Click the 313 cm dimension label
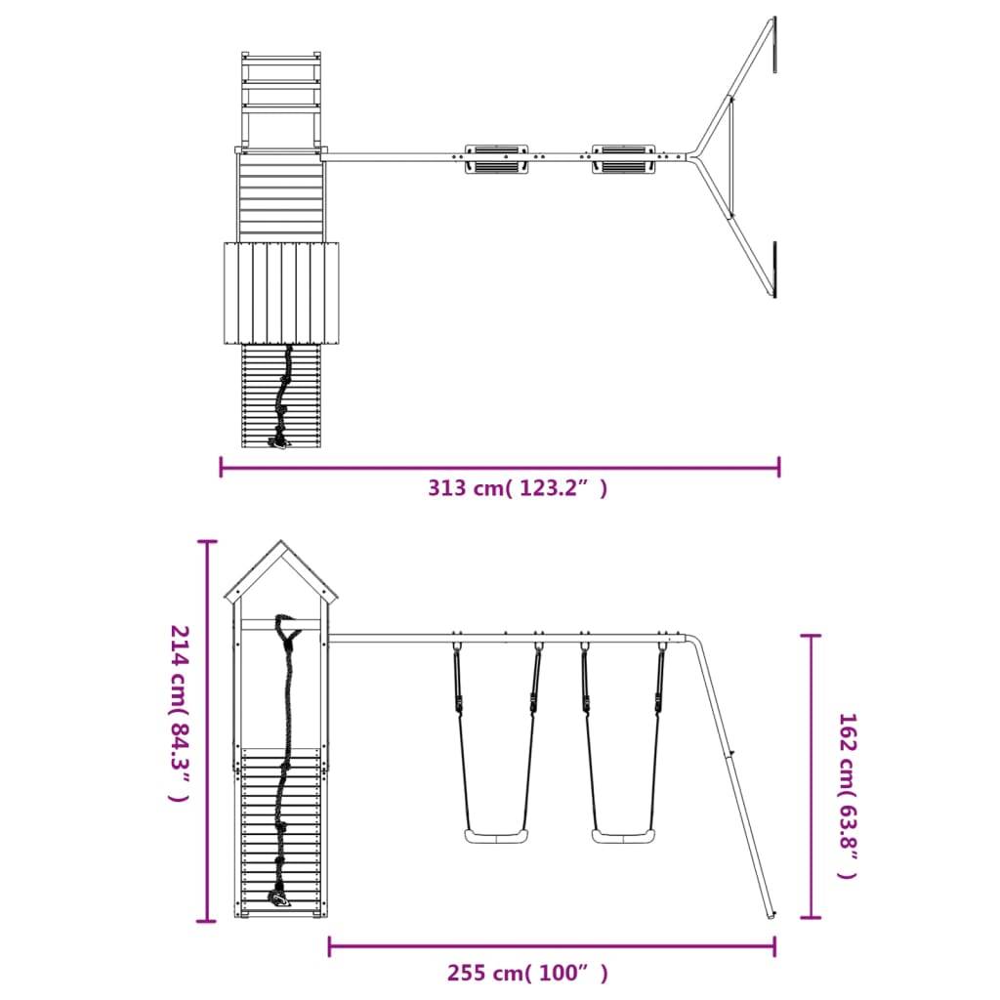coord(518,488)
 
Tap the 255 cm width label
coord(527,974)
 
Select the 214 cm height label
coord(180,713)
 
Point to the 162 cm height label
coord(848,796)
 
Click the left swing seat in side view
coord(496,836)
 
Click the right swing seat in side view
coord(623,836)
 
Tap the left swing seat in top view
coord(496,159)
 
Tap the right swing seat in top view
coord(623,159)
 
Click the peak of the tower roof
coord(280,541)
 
